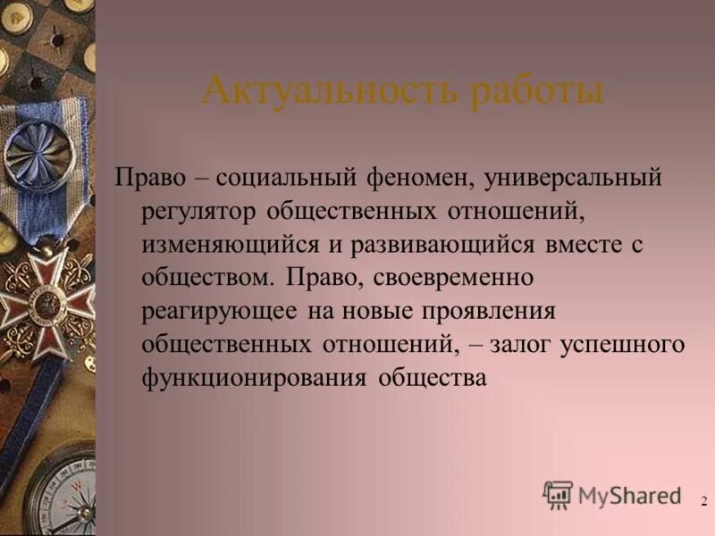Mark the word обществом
tap(207, 278)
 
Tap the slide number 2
tap(703, 501)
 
